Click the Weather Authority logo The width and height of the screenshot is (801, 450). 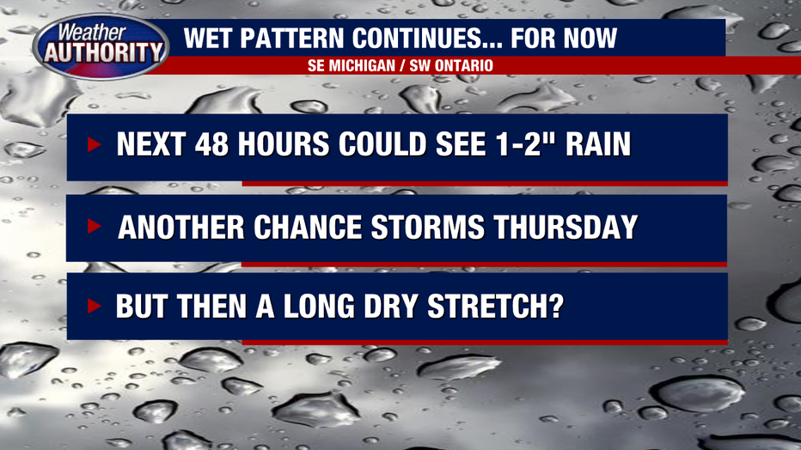(x=101, y=46)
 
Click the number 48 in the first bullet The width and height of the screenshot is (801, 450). (x=211, y=144)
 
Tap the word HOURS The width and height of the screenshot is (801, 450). (x=284, y=144)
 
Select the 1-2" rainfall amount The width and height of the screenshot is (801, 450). (x=529, y=144)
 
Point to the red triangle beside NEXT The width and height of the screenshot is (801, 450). (x=94, y=144)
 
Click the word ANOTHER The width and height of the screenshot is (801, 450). (x=181, y=227)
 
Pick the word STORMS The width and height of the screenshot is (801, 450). (x=428, y=227)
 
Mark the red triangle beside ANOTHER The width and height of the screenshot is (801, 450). (x=94, y=226)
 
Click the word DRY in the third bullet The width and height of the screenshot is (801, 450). (x=391, y=306)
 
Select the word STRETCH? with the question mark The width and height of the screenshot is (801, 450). (x=496, y=306)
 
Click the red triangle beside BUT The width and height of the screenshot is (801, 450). (x=94, y=306)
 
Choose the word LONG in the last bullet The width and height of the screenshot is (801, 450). (x=319, y=306)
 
